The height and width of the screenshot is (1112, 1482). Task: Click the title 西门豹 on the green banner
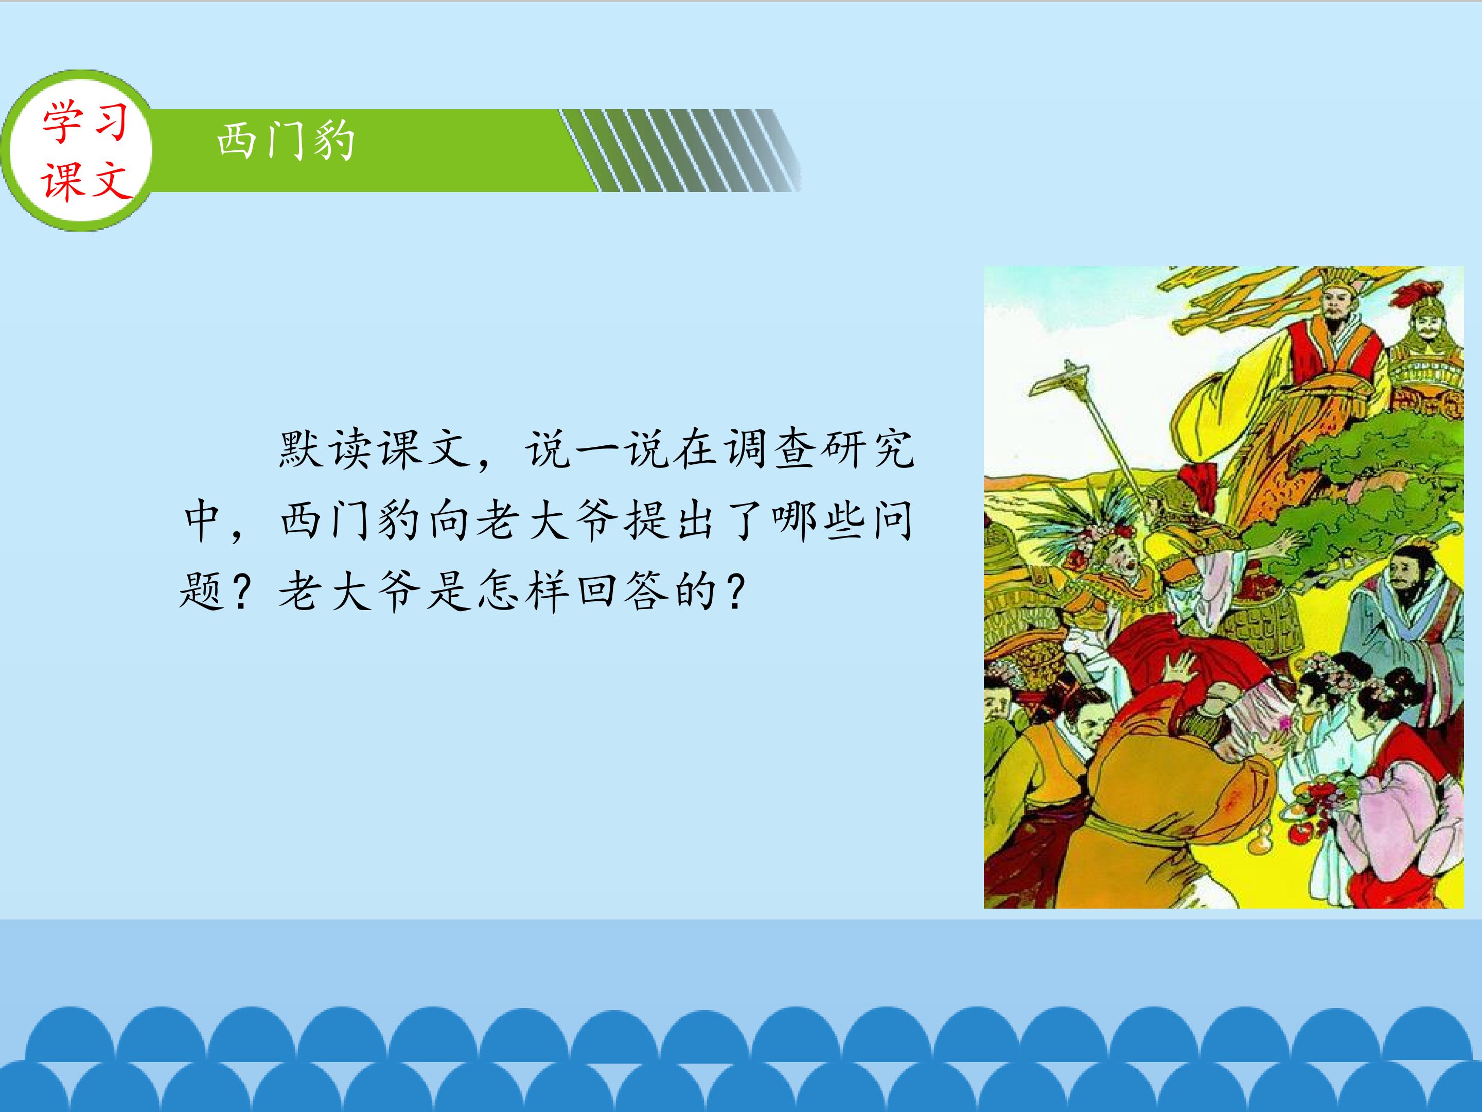coord(286,142)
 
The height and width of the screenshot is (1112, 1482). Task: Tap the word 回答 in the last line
coord(621,593)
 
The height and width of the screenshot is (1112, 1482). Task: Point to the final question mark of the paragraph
coord(735,593)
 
